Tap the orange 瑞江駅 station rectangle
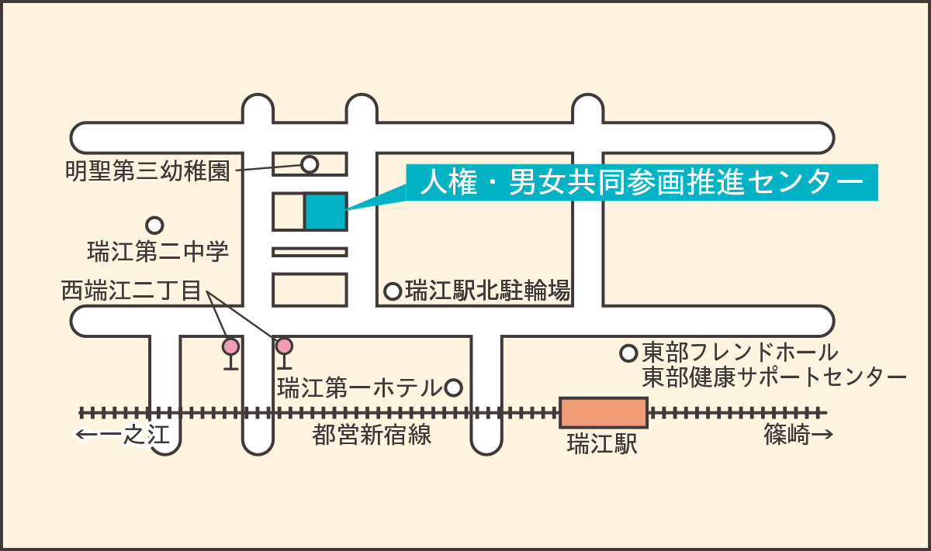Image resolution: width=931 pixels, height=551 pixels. click(604, 413)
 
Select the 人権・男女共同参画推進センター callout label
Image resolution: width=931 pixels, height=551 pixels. click(642, 182)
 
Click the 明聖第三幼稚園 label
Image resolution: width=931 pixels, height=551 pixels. click(147, 170)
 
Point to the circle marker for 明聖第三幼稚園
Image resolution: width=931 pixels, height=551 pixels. click(310, 164)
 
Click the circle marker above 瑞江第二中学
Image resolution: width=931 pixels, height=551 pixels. click(154, 226)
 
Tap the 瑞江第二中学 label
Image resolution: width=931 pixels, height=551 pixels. click(158, 251)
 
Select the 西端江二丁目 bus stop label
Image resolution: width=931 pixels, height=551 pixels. click(131, 290)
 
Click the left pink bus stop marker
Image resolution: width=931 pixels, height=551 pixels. click(230, 346)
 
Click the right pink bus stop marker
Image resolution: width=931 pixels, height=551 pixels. click(284, 346)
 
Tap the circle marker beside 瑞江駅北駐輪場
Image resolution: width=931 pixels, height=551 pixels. click(393, 291)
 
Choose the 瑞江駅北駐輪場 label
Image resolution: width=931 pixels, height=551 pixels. click(488, 290)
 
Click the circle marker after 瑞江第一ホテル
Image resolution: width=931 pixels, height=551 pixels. click(453, 387)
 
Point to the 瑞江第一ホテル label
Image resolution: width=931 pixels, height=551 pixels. click(360, 387)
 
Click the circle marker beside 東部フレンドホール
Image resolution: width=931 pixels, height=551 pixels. click(628, 353)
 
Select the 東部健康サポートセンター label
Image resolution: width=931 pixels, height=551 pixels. click(774, 377)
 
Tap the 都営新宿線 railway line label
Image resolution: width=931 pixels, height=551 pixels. click(372, 435)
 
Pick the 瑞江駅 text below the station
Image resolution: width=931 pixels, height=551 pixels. click(602, 443)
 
